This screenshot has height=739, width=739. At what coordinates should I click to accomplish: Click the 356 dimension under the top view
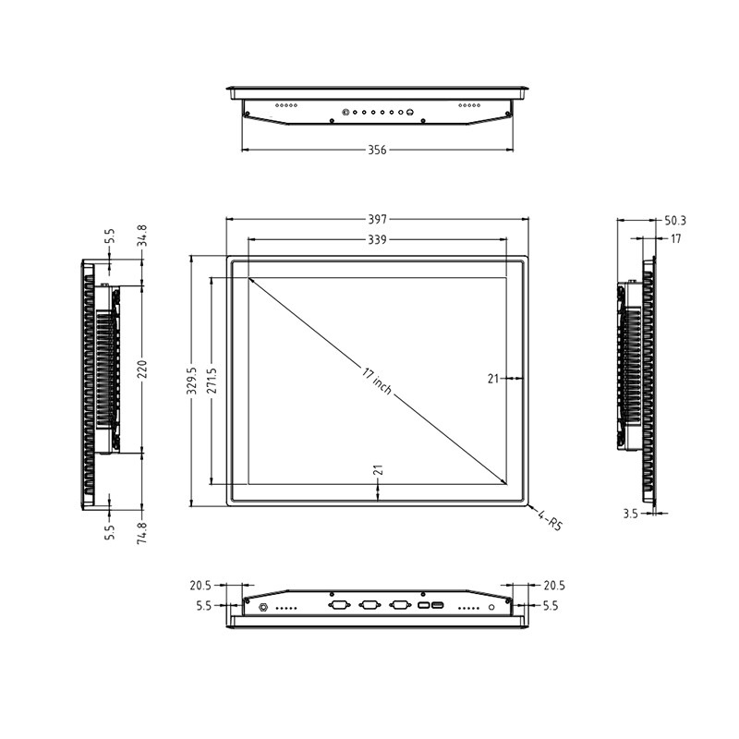tap(377, 151)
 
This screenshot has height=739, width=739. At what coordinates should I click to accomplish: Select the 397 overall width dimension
tap(377, 220)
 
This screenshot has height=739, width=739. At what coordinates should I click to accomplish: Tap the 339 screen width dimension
tap(377, 239)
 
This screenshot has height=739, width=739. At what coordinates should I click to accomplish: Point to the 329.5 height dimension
tap(191, 381)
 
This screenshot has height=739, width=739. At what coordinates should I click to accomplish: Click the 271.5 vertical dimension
tap(212, 381)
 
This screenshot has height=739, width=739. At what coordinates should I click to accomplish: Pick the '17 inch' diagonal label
tap(377, 382)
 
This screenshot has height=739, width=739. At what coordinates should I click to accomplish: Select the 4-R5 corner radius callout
tap(550, 523)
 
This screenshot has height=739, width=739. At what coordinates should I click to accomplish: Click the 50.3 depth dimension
tap(675, 221)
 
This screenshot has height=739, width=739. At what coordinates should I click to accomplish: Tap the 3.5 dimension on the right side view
tap(630, 513)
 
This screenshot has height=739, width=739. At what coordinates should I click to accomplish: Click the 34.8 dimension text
tap(142, 236)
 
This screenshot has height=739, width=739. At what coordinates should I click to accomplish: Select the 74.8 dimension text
tap(142, 533)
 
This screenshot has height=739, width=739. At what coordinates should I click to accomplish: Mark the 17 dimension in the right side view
tap(676, 238)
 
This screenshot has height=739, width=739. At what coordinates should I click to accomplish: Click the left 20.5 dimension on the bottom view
tap(201, 586)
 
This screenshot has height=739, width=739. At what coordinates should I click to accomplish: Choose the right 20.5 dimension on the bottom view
tap(553, 586)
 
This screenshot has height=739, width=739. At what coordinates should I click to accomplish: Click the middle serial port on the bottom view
tap(369, 606)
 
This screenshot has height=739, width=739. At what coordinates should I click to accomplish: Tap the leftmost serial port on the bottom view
tap(338, 606)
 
